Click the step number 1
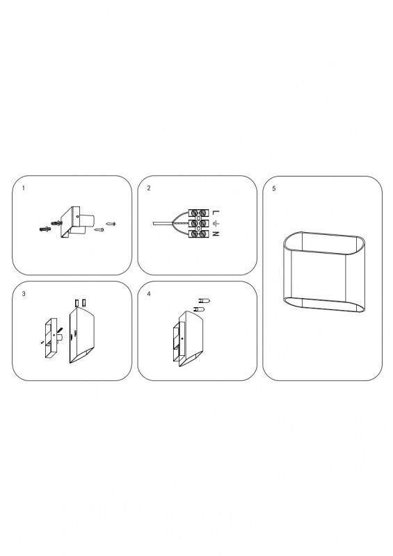pyautogui.click(x=24, y=188)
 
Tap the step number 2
pyautogui.click(x=149, y=188)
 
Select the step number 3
pyautogui.click(x=24, y=293)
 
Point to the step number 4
pyautogui.click(x=149, y=293)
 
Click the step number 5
pyautogui.click(x=274, y=188)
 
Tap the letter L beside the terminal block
pyautogui.click(x=216, y=213)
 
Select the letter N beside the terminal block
pyautogui.click(x=216, y=234)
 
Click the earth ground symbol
pyautogui.click(x=216, y=223)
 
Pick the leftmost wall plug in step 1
pyautogui.click(x=45, y=229)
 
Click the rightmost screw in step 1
pyautogui.click(x=111, y=224)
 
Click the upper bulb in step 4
pyautogui.click(x=204, y=301)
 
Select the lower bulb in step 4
pyautogui.click(x=199, y=309)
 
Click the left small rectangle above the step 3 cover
pyautogui.click(x=77, y=303)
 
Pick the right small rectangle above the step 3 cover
pyautogui.click(x=83, y=303)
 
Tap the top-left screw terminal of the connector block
pyautogui.click(x=194, y=213)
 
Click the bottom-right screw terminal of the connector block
pyautogui.click(x=202, y=234)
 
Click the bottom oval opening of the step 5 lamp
pyautogui.click(x=323, y=305)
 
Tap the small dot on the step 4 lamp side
pyautogui.click(x=182, y=339)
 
